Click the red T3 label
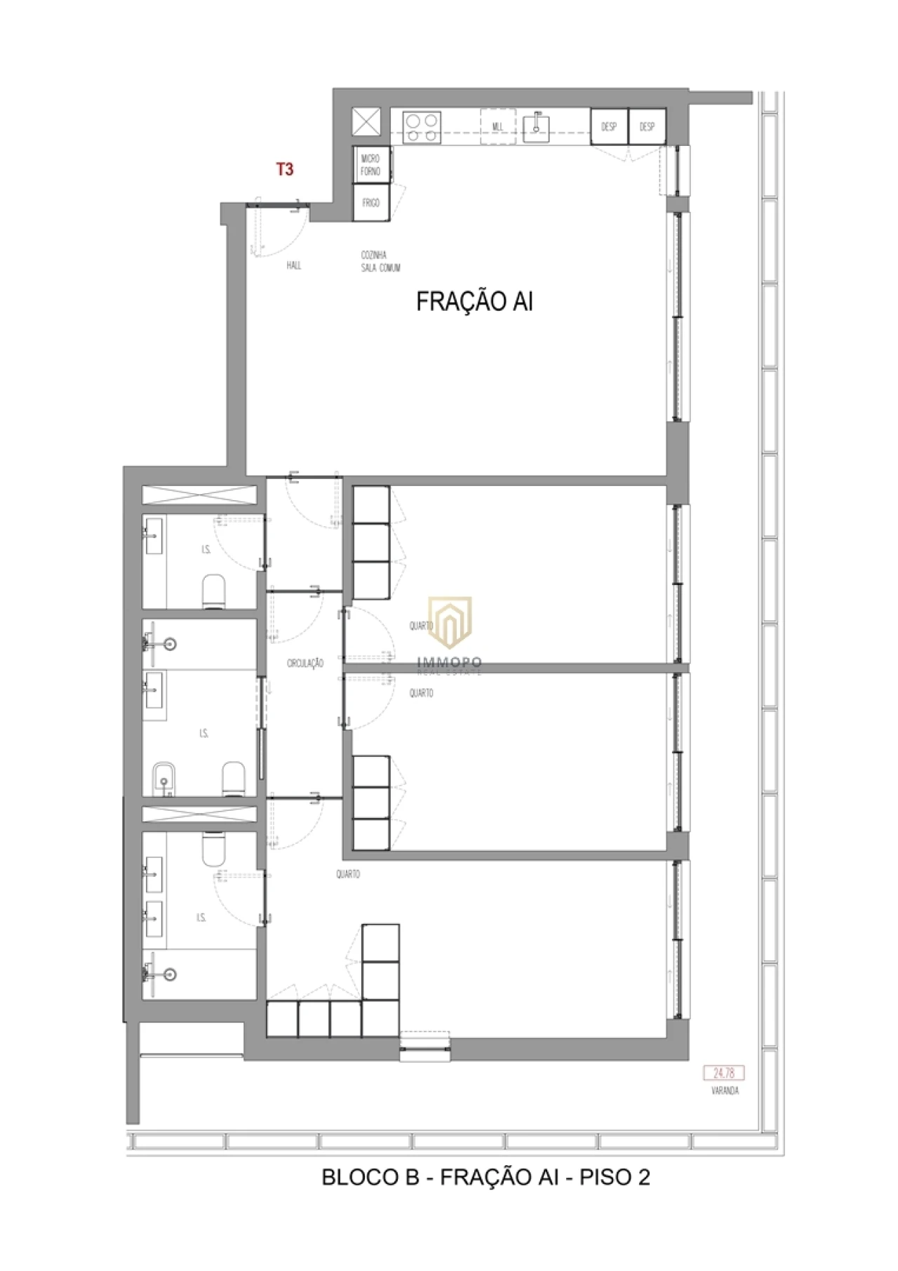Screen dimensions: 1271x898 (285, 169)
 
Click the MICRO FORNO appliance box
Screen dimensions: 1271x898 (370, 165)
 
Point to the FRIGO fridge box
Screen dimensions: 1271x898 (370, 203)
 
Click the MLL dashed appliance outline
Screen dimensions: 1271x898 (498, 127)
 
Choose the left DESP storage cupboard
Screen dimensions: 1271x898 (608, 127)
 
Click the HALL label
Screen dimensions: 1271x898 (294, 265)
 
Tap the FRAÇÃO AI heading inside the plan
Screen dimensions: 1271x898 (474, 302)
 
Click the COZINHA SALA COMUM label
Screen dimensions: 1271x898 (380, 262)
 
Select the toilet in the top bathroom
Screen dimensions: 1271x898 (213, 591)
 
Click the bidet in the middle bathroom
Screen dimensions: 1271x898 (163, 779)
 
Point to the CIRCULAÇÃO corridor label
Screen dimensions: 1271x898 (305, 663)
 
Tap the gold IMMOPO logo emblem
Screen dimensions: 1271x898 (450, 621)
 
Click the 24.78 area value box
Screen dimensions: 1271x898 (724, 1072)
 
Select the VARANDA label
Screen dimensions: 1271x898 (725, 1091)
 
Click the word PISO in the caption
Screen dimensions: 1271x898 (605, 1177)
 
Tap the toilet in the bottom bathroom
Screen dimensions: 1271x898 (213, 849)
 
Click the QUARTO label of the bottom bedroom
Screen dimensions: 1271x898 (348, 874)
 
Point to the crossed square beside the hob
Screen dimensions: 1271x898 (366, 122)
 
